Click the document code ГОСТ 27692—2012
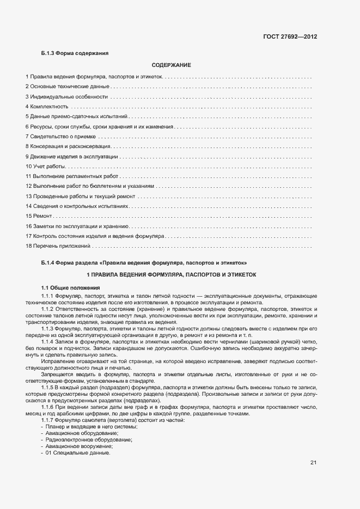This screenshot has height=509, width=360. click(290, 37)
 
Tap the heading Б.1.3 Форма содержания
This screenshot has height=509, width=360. click(75, 53)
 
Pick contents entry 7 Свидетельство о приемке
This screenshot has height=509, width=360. click(60, 137)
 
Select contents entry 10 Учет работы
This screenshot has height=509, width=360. click(46, 166)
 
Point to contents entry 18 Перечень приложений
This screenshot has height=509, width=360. click(58, 246)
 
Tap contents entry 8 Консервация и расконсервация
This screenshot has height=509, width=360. click(68, 146)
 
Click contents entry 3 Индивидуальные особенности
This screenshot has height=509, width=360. click(66, 97)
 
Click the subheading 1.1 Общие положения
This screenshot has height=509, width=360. click(71, 287)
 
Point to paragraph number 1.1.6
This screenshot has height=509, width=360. click(50, 407)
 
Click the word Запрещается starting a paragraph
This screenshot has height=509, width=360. click(57, 376)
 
